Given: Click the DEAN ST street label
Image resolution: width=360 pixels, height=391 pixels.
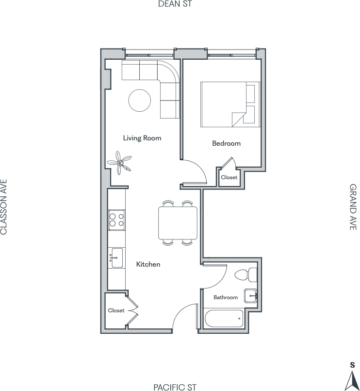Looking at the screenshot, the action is coord(175,4).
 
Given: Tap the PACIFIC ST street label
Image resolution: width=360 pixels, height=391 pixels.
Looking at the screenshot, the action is coord(175,387).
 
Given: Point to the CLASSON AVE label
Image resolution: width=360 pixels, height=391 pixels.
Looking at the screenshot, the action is coord(4,207).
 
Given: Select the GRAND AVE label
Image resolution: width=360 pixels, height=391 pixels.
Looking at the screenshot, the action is coord(353,207).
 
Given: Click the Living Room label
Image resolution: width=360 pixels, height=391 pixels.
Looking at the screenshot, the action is coord(142,138).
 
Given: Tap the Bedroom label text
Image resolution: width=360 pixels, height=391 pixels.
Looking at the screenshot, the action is coord(226,143).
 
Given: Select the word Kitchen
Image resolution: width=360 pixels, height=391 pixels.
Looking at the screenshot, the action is coord(148,264).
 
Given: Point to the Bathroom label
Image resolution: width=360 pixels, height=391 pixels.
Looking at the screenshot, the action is coord(226,297).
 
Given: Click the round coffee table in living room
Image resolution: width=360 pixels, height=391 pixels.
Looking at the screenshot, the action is coord(140,101).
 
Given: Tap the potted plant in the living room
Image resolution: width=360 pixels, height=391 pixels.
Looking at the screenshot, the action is coord(120,163).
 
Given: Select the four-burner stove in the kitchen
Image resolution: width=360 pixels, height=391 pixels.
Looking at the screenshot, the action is coord(116,220).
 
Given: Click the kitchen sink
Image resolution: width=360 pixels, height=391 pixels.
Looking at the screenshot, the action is coord(116,258).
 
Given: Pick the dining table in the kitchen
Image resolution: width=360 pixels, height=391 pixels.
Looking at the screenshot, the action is coord(178,223).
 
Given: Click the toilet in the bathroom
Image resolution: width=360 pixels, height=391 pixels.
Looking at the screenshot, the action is coord(245,275).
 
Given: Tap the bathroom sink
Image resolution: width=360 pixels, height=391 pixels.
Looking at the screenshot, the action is coord(250,296).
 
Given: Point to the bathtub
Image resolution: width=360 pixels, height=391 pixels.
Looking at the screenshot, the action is coord(224,319).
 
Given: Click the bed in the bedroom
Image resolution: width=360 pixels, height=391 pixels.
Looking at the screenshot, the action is coord(230,104).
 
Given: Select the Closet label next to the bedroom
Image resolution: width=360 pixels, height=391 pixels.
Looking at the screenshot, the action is coord(229,177).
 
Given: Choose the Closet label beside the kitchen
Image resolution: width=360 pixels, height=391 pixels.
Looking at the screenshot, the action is coord(116,310).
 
